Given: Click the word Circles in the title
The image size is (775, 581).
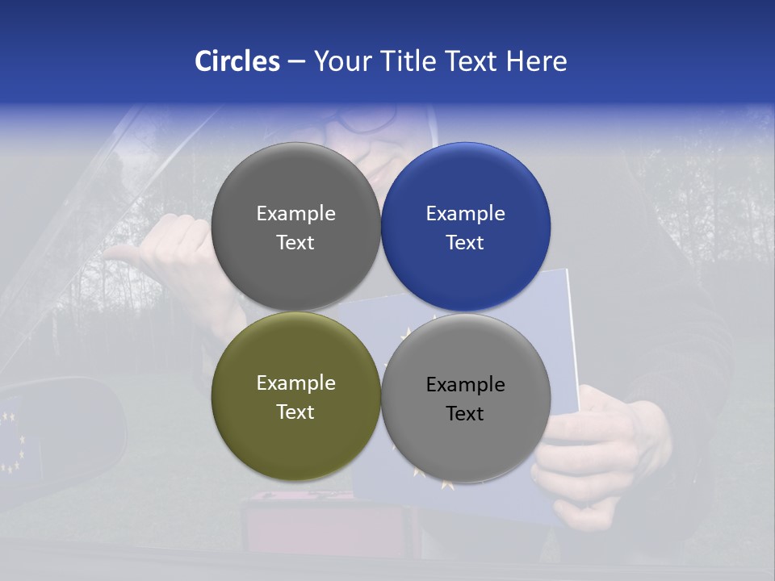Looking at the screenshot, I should coord(237,61).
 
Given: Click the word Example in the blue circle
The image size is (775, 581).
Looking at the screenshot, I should coord(466,214).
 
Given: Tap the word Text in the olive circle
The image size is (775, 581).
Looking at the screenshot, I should coord(295,412).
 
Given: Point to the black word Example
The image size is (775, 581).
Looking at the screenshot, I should coord(466,384).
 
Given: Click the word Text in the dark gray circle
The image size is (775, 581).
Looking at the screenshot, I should coord(295,242).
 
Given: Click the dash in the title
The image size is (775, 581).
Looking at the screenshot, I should coord(296,62).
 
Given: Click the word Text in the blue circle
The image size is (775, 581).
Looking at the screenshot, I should coord(466,242).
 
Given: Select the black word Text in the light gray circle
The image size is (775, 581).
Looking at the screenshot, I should coord(466,413).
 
